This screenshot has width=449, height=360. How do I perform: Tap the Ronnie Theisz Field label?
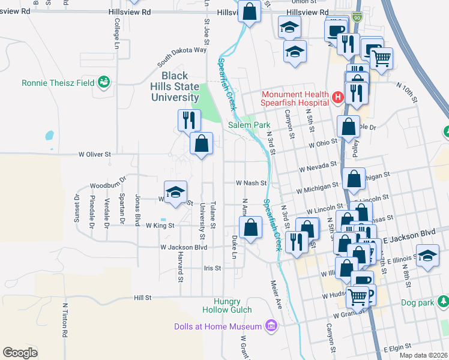click(58, 83)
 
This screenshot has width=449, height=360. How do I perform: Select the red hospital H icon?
click(337, 97)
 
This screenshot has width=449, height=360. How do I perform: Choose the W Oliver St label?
click(95, 154)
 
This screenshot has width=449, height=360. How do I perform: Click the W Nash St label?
click(250, 182)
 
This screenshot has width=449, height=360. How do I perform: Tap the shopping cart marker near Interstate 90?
click(381, 59)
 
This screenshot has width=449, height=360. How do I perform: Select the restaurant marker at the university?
click(188, 120)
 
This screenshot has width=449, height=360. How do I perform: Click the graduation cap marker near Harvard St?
click(175, 192)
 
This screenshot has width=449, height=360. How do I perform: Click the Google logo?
click(20, 352)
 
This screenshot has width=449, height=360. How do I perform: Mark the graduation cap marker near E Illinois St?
click(427, 256)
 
